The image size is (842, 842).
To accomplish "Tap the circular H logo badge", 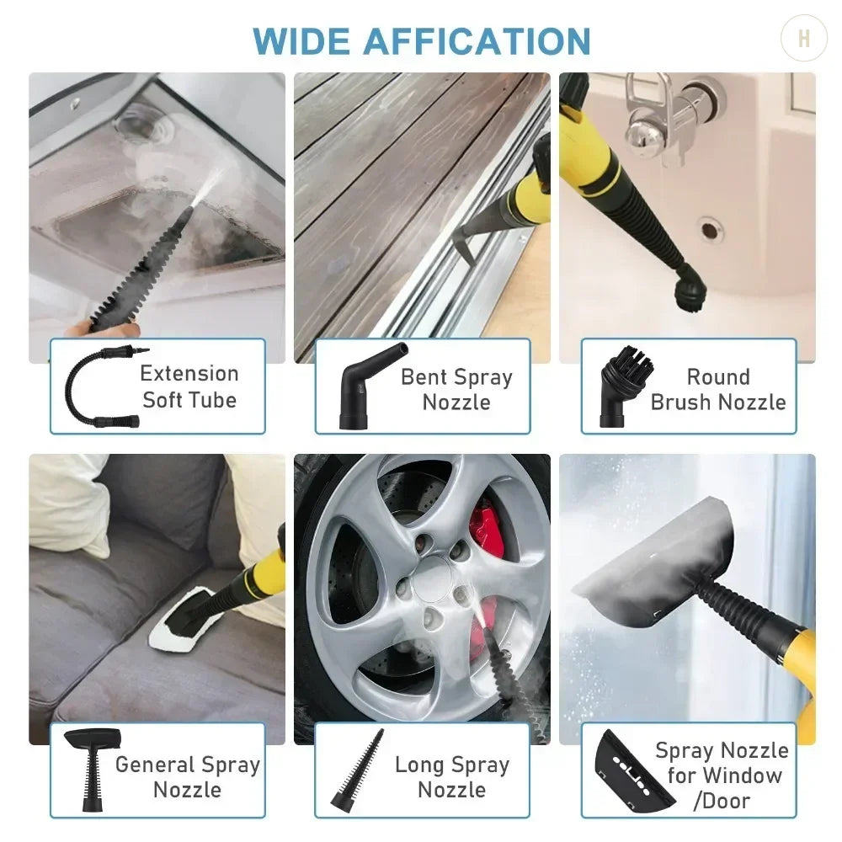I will [803, 39].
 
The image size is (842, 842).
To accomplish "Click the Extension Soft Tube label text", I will [189, 386].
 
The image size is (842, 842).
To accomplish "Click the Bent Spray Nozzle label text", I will [456, 389].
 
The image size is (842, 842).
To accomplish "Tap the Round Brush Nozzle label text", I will [717, 389].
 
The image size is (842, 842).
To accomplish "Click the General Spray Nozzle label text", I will [187, 777].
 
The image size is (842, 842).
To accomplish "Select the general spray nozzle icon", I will [92, 767].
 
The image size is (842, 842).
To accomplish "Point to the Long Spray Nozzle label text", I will [452, 777].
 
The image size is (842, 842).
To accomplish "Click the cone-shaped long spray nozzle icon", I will [362, 770].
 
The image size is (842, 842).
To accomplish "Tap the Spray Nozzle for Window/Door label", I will [721, 775].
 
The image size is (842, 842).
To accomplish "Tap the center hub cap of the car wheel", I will [437, 582].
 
